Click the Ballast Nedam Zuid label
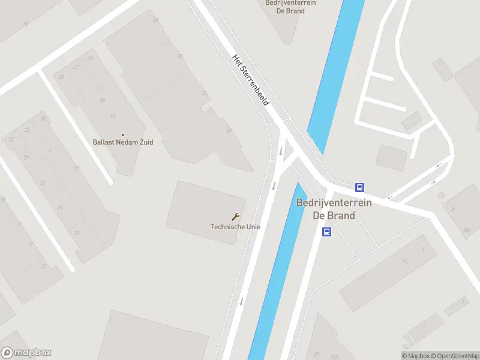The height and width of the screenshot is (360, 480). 123,142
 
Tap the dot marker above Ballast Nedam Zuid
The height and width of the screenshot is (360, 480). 123,135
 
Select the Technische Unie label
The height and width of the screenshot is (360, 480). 235,226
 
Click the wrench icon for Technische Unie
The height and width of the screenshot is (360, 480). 235,217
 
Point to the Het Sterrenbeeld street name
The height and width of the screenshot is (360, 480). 250,80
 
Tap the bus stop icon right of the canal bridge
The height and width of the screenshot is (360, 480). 359,187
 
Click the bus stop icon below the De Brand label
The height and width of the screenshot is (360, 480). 327,232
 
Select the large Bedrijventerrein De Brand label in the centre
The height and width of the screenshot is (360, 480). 334,209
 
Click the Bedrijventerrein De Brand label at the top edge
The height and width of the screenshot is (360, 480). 290,7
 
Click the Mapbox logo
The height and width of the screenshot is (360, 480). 26,353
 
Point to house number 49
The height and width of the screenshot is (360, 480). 90,58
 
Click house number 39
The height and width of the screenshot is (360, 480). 102,100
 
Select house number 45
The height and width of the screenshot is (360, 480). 61,77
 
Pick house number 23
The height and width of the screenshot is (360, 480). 77,233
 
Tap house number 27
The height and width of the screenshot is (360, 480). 43,182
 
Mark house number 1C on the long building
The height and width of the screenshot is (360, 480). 405,262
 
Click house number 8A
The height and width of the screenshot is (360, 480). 466,230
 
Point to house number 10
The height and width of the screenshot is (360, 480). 25,24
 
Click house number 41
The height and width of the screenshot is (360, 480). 112,116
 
